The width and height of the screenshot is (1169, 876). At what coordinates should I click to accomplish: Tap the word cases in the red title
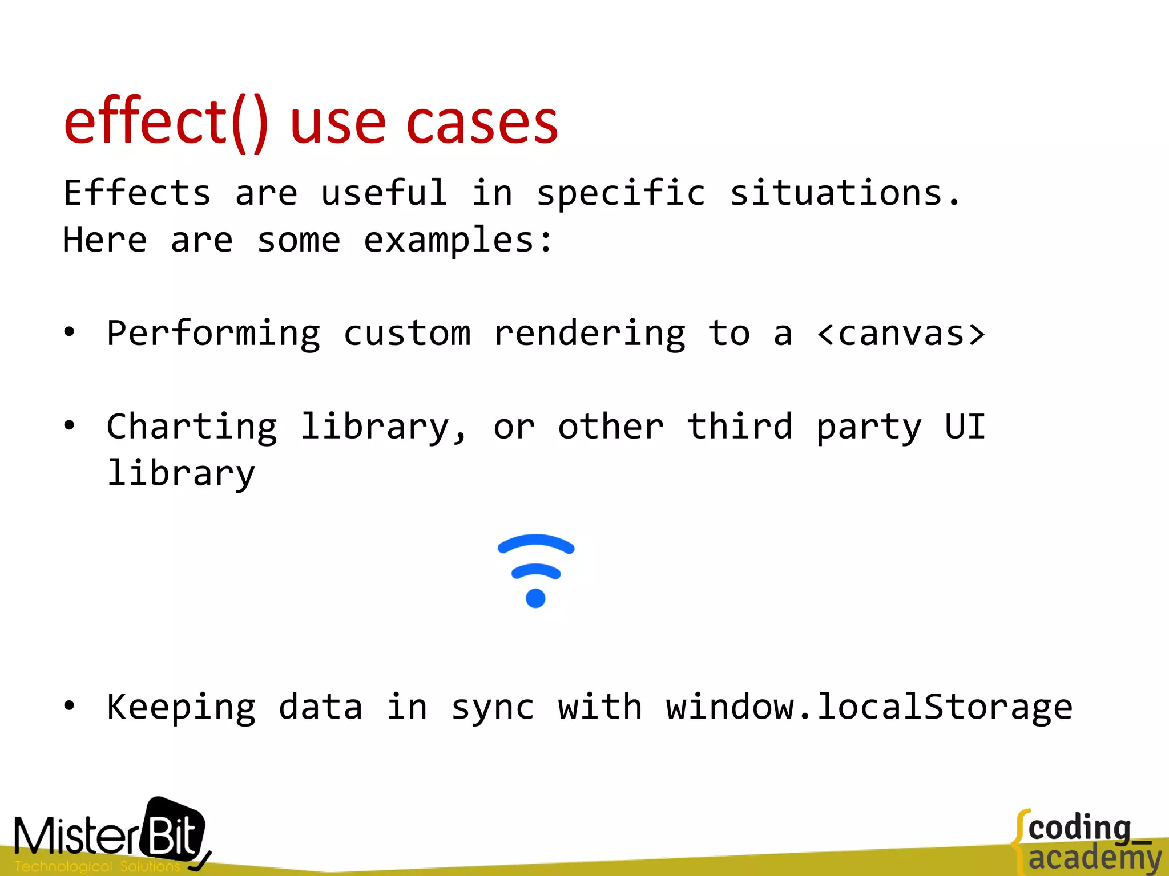tap(482, 123)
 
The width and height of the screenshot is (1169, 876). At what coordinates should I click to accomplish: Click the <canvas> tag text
tap(901, 334)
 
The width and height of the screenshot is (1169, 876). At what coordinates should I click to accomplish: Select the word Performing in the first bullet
tap(213, 335)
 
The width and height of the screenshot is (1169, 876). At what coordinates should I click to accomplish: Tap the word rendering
tap(590, 335)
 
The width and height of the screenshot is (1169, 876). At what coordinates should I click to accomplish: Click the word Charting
tap(192, 428)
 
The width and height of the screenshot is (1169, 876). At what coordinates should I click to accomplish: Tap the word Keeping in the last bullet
tap(181, 708)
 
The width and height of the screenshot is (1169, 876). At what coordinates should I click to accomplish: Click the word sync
tap(493, 708)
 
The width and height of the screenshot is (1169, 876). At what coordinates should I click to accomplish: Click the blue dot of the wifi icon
tap(535, 598)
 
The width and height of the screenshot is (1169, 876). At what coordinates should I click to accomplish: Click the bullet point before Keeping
tap(69, 706)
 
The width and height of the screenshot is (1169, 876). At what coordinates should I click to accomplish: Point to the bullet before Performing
tap(69, 332)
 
